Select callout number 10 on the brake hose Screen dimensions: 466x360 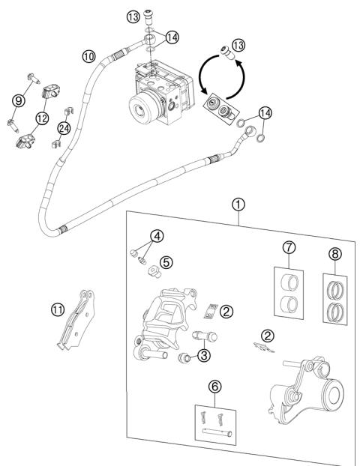[88, 55]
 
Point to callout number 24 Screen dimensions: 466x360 [64, 128]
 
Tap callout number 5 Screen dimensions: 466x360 [166, 262]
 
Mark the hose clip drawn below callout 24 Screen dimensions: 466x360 [57, 142]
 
